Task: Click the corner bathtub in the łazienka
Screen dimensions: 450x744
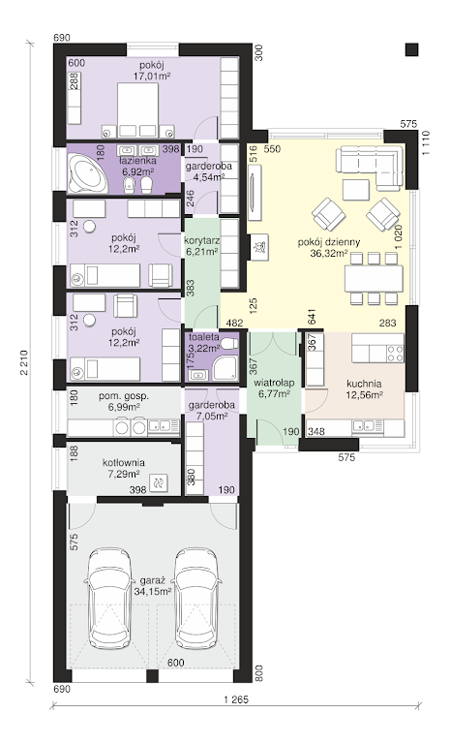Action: click(87, 174)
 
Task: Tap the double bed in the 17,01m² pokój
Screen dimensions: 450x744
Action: click(137, 110)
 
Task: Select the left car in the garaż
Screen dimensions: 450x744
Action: click(109, 598)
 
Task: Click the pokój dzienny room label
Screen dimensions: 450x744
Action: click(329, 242)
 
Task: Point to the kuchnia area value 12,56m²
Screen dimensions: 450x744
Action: click(364, 394)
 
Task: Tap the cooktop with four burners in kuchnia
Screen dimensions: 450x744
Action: click(396, 354)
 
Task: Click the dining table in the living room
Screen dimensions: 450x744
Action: click(375, 278)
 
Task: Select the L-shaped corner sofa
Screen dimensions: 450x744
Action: click(368, 164)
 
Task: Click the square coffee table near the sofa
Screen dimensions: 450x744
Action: click(356, 190)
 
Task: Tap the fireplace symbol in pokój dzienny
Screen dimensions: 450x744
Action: click(259, 247)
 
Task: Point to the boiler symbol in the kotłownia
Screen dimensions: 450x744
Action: click(158, 483)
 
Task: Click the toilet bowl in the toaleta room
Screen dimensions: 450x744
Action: click(229, 343)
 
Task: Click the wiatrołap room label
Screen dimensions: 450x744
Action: click(274, 383)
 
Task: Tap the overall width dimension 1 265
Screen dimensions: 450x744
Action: click(236, 699)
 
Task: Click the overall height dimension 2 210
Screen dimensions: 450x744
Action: click(24, 363)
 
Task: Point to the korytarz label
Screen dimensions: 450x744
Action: click(201, 240)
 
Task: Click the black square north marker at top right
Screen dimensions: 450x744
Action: click(412, 49)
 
